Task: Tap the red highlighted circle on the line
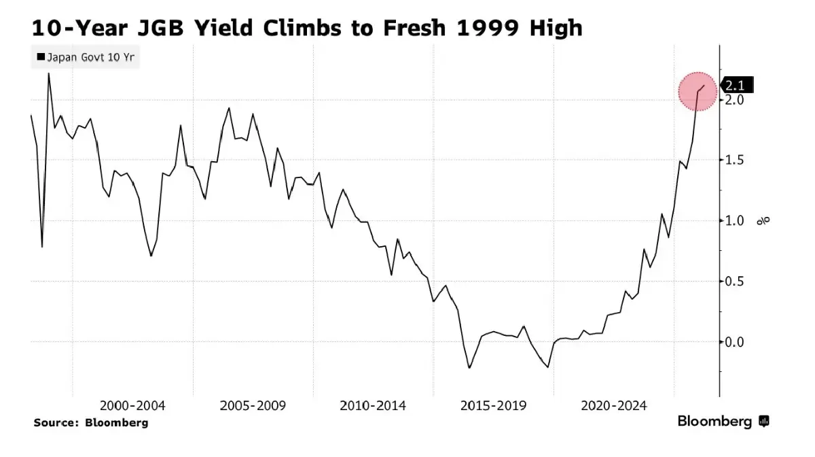[698, 92]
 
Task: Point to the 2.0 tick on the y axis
[736, 100]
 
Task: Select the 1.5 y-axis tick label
[736, 160]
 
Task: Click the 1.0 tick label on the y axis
[736, 221]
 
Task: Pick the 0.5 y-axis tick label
[736, 282]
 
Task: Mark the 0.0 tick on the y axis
[736, 342]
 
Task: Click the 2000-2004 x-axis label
[132, 406]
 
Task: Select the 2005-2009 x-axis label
[253, 406]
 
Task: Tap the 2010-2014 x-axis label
[373, 406]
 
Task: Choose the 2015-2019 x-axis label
[493, 406]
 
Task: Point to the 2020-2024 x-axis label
[614, 406]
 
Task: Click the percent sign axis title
[765, 220]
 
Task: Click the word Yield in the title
[225, 29]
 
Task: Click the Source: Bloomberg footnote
[90, 423]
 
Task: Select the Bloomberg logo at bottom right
[723, 422]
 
